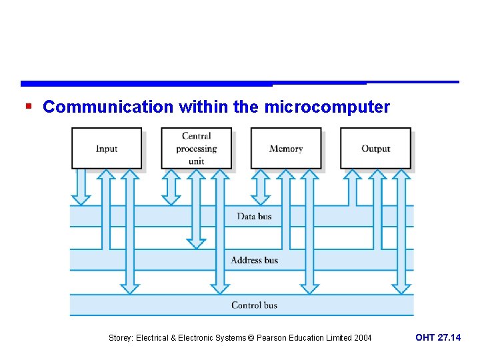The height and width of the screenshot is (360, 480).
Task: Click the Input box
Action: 107,148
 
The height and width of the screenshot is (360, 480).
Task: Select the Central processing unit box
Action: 196,148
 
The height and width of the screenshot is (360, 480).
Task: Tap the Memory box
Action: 285,148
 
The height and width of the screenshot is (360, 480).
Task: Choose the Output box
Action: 375,148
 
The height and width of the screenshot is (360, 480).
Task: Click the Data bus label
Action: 254,216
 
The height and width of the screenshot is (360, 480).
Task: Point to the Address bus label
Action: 254,260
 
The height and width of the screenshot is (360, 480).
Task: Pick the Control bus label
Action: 254,305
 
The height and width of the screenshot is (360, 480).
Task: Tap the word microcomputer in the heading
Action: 327,107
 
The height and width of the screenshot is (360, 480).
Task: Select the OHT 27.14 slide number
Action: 437,338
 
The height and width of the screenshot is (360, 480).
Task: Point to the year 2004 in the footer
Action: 362,338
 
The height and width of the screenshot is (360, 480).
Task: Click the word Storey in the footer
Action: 121,338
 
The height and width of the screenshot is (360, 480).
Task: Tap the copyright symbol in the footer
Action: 251,338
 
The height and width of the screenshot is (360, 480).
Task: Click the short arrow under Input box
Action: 81,187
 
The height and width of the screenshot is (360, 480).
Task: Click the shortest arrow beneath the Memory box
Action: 261,187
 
